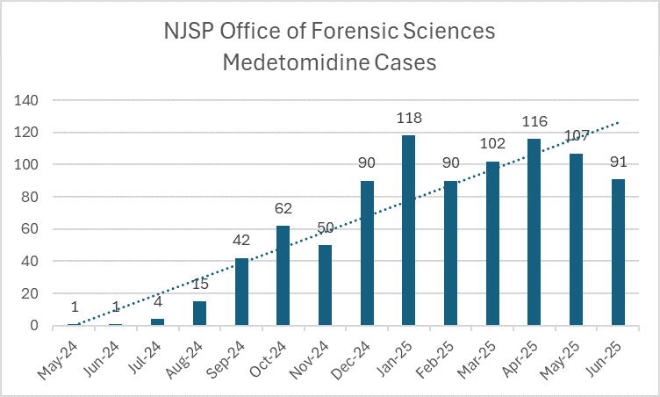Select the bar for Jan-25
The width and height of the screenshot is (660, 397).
coord(408,230)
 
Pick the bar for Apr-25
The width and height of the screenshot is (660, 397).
coord(534,232)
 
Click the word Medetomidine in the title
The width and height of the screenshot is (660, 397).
coord(288,63)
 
